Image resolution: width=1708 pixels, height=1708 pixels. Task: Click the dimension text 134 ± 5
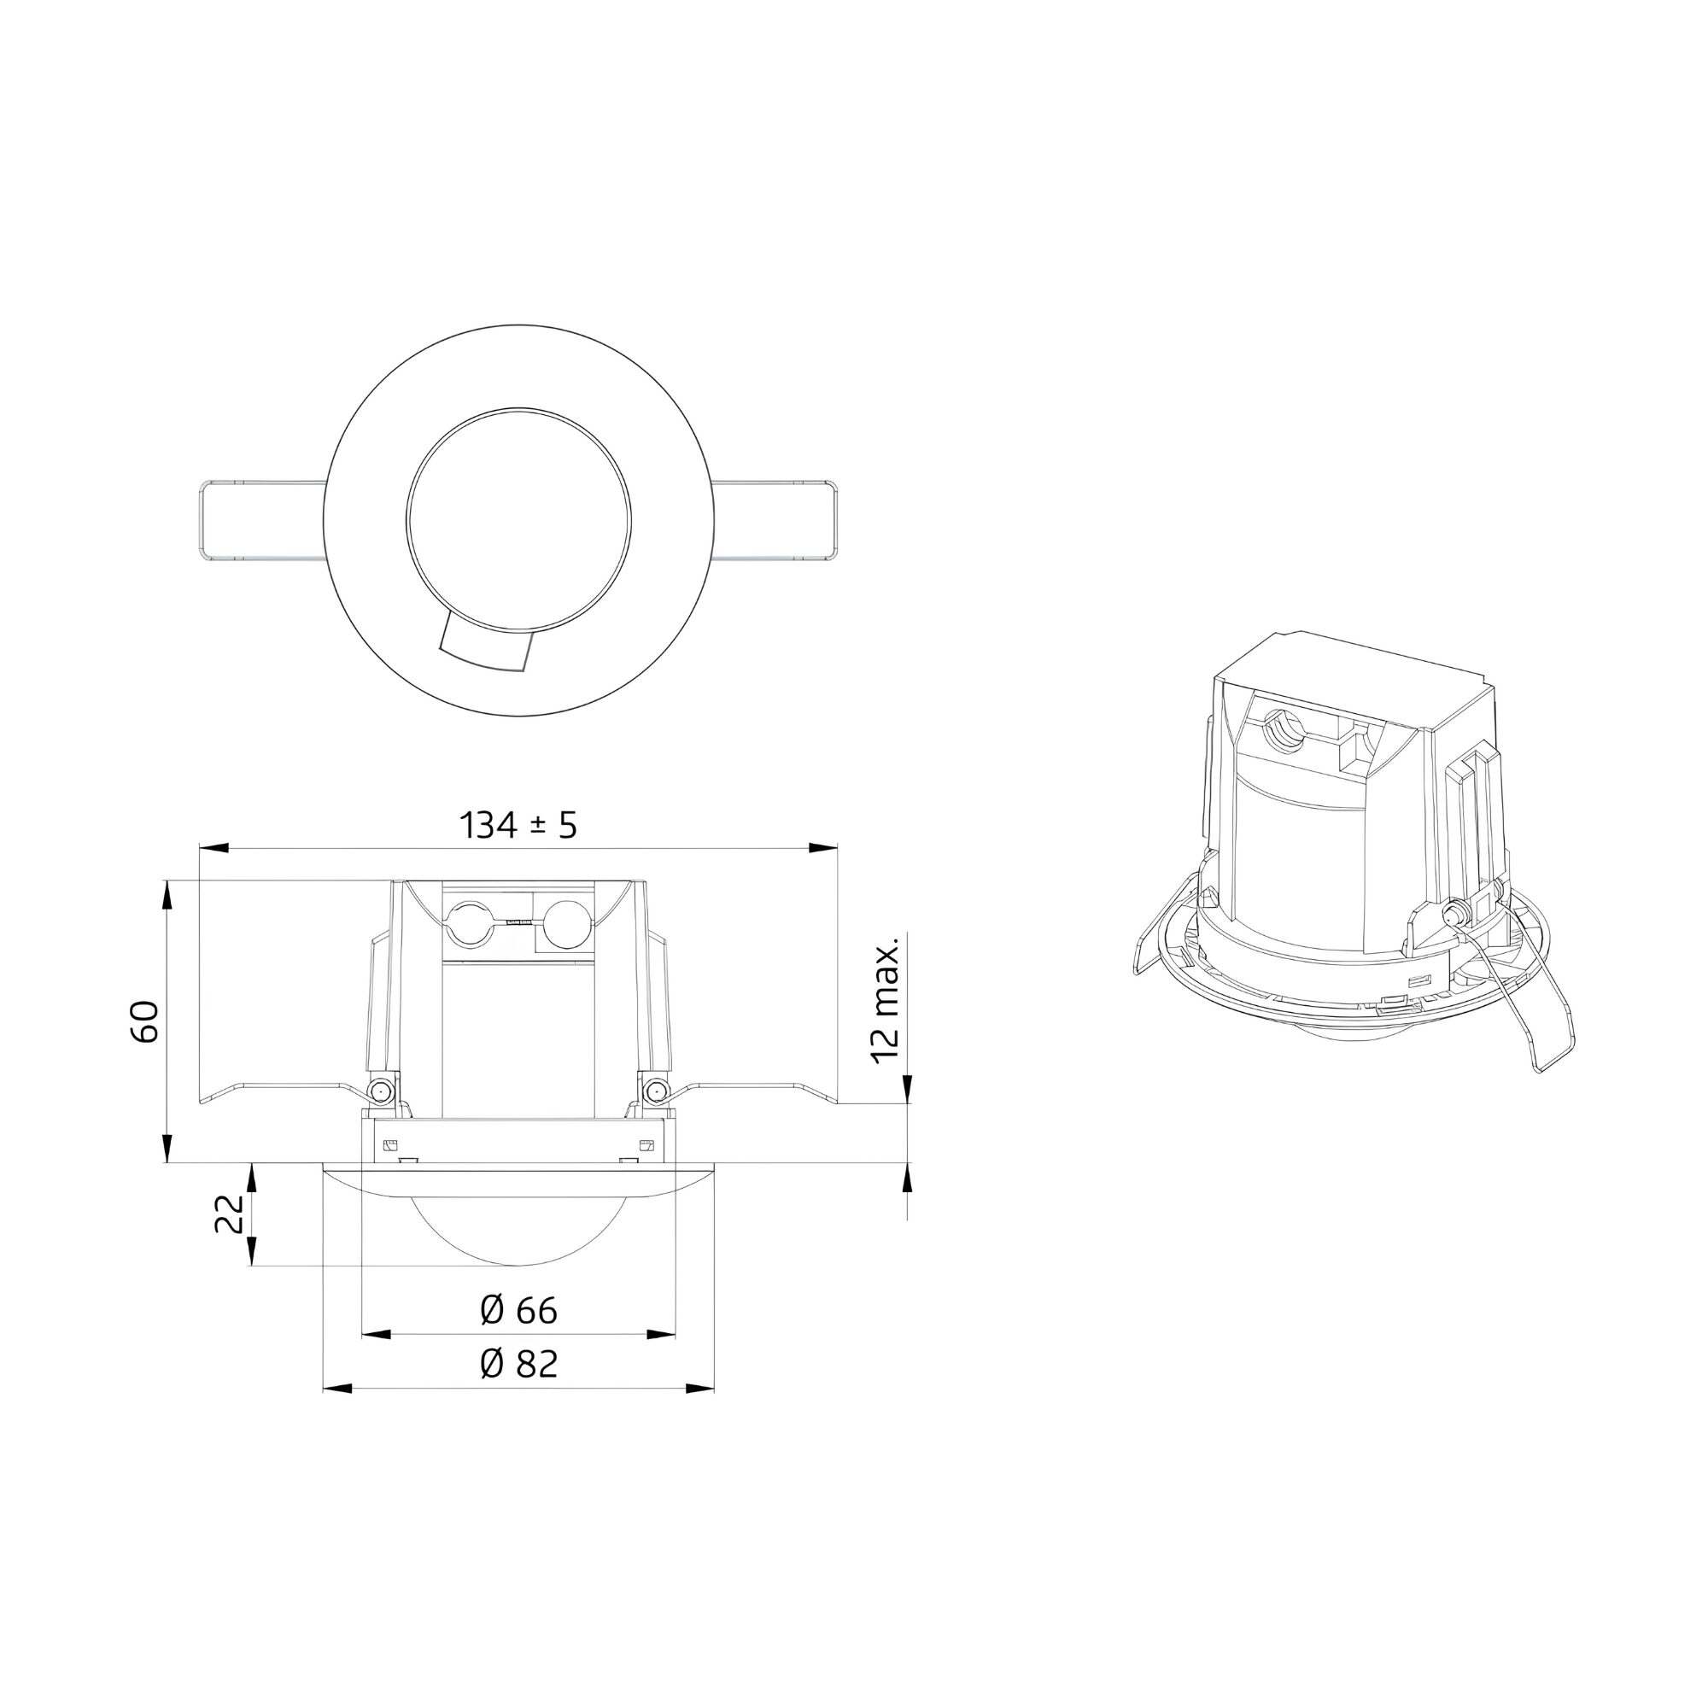click(x=518, y=826)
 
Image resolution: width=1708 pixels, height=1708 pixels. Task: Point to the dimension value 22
click(x=229, y=1213)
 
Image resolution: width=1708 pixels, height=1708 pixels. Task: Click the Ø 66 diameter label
click(x=519, y=1310)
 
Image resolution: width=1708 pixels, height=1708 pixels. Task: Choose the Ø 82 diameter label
click(x=519, y=1364)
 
